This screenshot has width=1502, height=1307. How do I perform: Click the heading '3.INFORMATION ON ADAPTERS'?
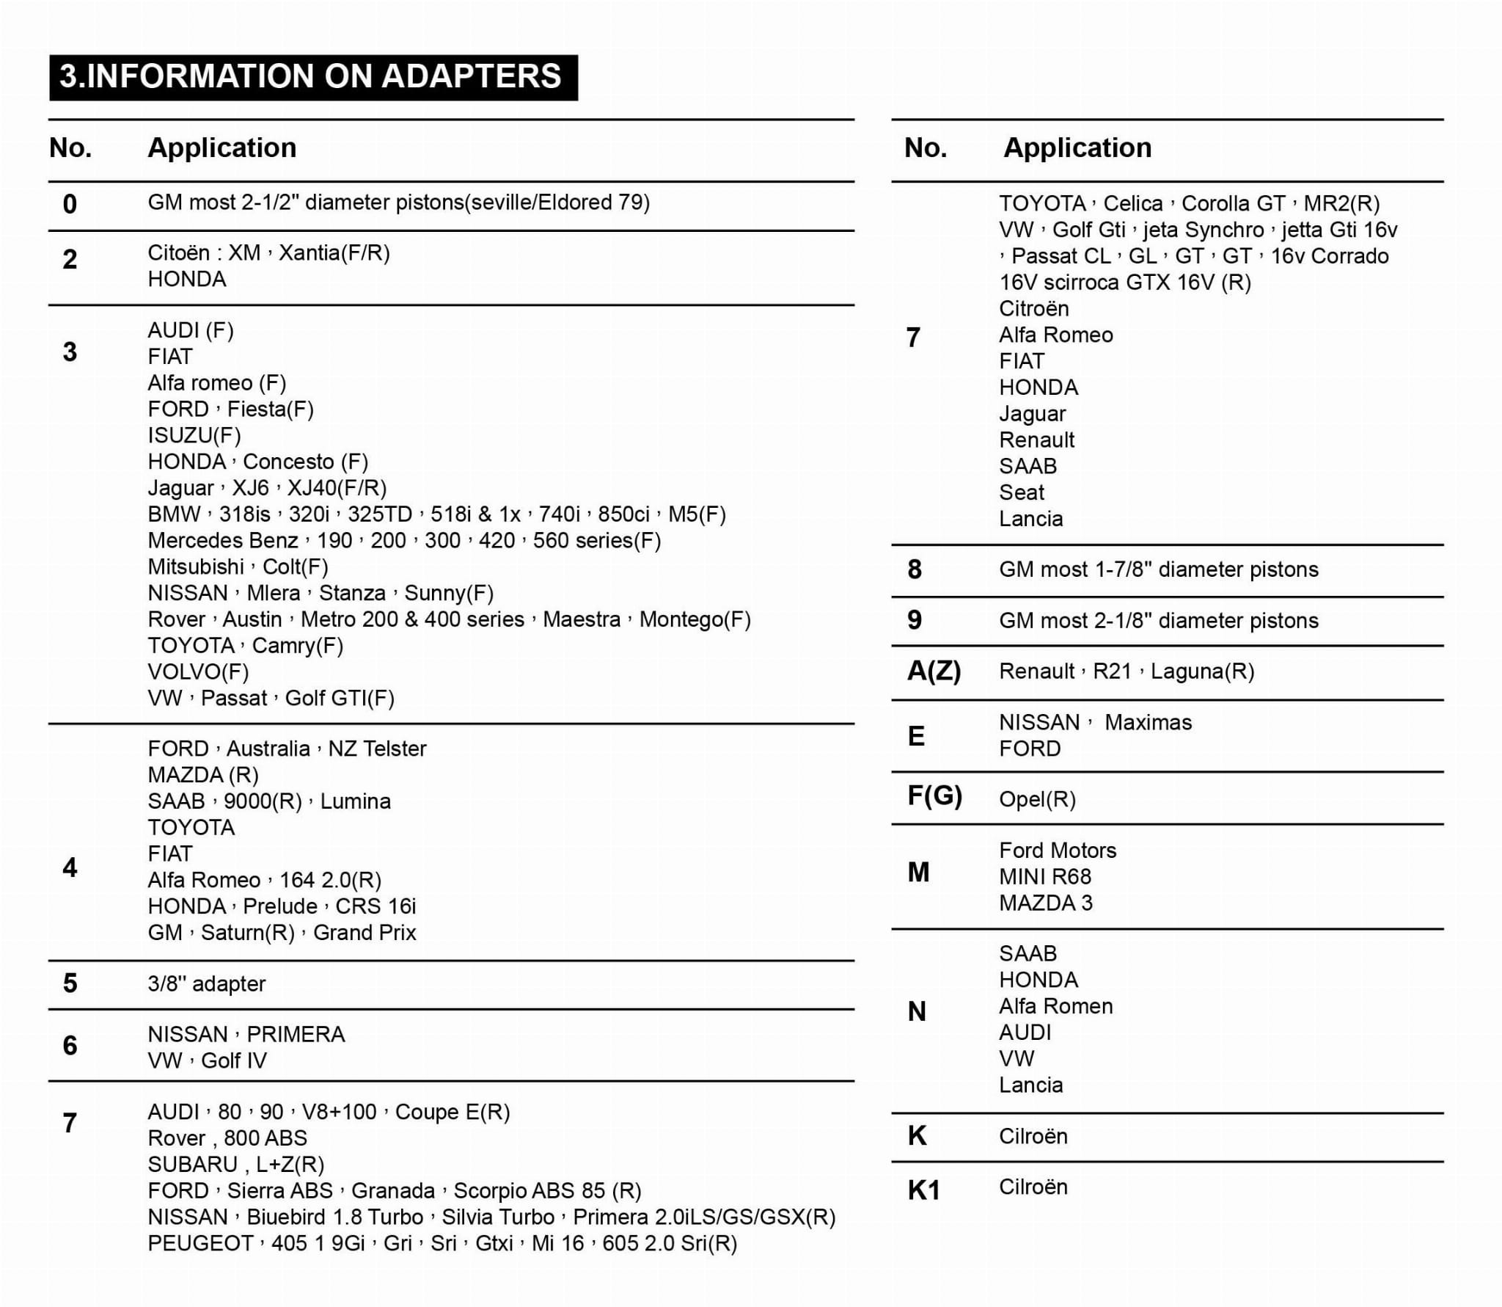312,77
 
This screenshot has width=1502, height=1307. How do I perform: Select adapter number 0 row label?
70,204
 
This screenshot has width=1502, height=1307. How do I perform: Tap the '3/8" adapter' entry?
206,983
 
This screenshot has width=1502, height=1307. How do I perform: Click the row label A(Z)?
934,671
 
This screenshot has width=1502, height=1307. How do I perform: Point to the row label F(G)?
934,796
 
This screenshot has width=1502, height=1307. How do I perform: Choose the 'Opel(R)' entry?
1037,799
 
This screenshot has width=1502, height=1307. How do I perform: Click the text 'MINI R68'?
1044,876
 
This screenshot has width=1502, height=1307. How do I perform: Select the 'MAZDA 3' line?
1045,903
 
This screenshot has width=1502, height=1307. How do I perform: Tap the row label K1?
923,1190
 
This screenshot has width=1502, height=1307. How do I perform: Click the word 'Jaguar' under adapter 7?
1032,414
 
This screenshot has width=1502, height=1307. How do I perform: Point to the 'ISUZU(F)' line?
194,435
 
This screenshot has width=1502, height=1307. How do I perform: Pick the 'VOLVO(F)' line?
198,671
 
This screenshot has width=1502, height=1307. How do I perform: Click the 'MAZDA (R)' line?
203,775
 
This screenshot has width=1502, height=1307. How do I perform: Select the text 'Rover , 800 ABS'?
227,1138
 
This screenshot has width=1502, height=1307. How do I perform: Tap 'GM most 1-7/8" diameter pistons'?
1158,569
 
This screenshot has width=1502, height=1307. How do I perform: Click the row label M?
918,873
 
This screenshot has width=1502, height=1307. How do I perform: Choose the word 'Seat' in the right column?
1021,492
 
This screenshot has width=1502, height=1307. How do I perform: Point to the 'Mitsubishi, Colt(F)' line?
238,567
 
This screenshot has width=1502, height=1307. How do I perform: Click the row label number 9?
914,620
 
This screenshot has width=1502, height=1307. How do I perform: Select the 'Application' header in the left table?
222,148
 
